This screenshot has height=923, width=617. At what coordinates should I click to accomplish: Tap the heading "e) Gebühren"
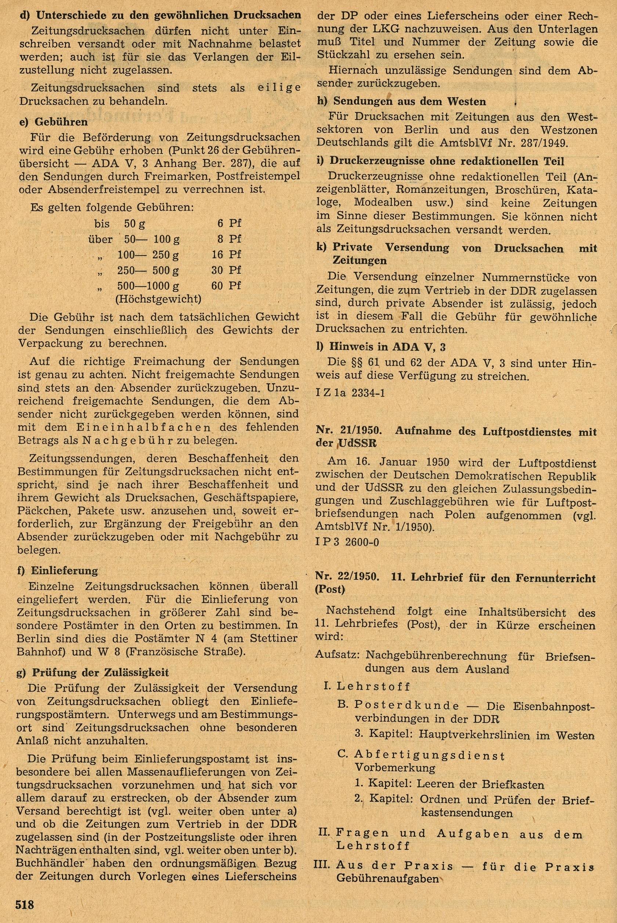click(x=53, y=122)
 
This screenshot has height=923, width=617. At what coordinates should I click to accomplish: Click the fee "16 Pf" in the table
click(x=226, y=254)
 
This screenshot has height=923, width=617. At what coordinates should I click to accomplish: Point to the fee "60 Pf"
click(x=226, y=285)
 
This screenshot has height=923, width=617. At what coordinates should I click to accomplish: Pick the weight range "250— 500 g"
click(x=148, y=270)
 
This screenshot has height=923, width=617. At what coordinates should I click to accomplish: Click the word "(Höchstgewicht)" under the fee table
click(x=158, y=299)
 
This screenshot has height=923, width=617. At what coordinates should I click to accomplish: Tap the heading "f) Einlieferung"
click(x=58, y=570)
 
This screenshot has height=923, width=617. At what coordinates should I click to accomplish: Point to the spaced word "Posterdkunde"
click(x=397, y=706)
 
